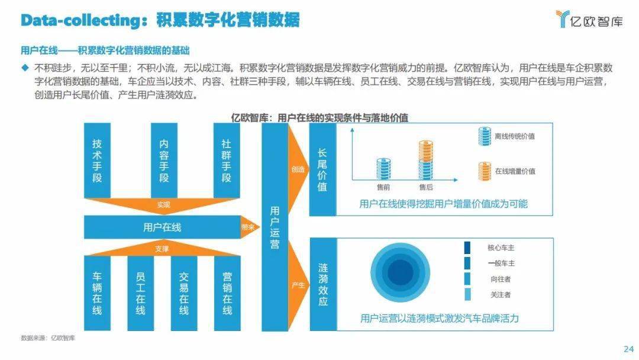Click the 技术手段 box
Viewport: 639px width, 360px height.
tap(97, 160)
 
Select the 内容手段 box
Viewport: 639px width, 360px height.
tap(164, 160)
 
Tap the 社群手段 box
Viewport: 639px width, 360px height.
tap(227, 160)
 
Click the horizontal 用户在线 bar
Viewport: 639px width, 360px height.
tap(162, 227)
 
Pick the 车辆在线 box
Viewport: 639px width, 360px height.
tap(97, 292)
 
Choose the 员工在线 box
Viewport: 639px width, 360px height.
tap(141, 292)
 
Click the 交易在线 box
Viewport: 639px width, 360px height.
tap(184, 292)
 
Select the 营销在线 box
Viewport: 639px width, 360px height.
tap(227, 292)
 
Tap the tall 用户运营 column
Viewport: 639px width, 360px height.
tap(275, 227)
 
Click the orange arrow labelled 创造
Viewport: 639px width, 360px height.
tap(298, 169)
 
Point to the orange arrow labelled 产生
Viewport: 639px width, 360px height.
tap(298, 285)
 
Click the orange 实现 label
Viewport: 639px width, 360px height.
tap(163, 205)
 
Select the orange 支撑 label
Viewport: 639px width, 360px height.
tap(162, 249)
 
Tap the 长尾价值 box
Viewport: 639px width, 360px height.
tap(322, 169)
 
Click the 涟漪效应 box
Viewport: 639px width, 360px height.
tap(323, 284)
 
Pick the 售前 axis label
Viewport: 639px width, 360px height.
tap(383, 187)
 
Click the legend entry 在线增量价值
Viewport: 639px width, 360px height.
tap(507, 171)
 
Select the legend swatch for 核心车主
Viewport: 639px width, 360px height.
tap(467, 247)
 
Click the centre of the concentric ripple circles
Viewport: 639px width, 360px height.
tap(400, 272)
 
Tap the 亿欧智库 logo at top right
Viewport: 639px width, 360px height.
tap(589, 19)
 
